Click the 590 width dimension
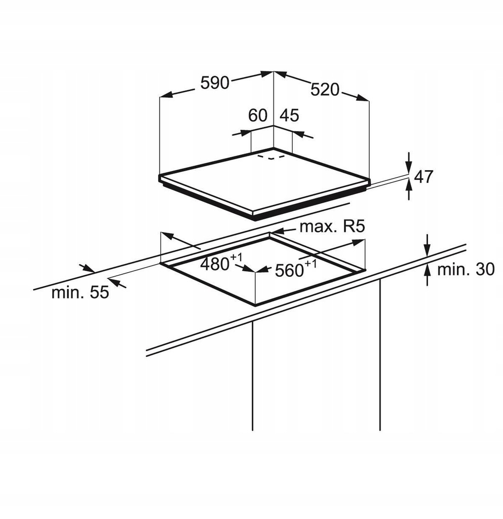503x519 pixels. [215, 83]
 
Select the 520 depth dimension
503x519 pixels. [325, 89]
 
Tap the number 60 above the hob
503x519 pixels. [258, 116]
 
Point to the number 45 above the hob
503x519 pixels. [289, 116]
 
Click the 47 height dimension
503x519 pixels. [423, 176]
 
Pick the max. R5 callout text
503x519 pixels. [332, 227]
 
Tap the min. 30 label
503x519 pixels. [466, 269]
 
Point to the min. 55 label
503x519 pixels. [81, 292]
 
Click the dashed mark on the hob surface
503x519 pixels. [271, 157]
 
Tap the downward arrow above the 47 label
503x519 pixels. [409, 162]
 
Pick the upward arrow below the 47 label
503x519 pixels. [409, 190]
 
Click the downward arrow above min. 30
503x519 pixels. [428, 245]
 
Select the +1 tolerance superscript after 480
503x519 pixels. [237, 257]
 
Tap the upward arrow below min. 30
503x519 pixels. [428, 275]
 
